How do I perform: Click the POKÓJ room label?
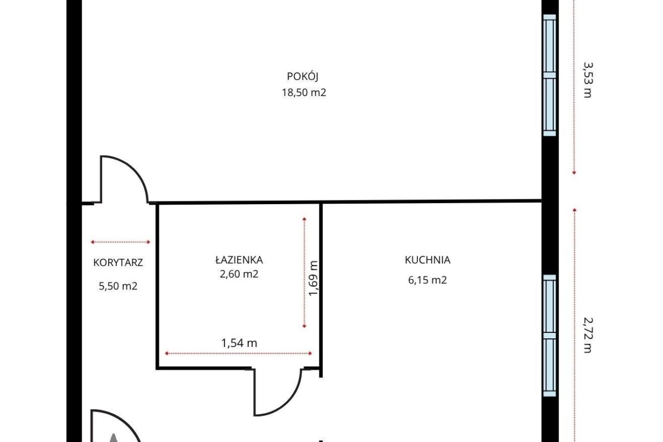pos(303,76)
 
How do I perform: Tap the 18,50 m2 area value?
pos(304,92)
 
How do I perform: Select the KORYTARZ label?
pos(118,262)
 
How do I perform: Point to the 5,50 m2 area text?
pos(118,286)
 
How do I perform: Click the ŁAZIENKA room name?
pos(239,260)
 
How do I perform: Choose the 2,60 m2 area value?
pos(239,274)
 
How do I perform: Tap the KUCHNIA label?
pos(427,260)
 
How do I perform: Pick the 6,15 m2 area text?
pos(427,280)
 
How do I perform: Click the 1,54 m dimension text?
pos(239,343)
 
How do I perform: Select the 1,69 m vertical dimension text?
pos(313,278)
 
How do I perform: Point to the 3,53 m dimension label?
pos(587,80)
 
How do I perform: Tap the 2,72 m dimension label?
pos(587,335)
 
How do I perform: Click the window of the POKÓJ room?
pos(549,75)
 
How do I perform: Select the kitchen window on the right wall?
pos(549,336)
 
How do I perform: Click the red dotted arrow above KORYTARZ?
pos(121,242)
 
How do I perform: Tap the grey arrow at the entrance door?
pos(114,438)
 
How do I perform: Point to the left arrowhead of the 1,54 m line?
pos(167,353)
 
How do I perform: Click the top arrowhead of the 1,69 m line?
pos(304,219)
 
